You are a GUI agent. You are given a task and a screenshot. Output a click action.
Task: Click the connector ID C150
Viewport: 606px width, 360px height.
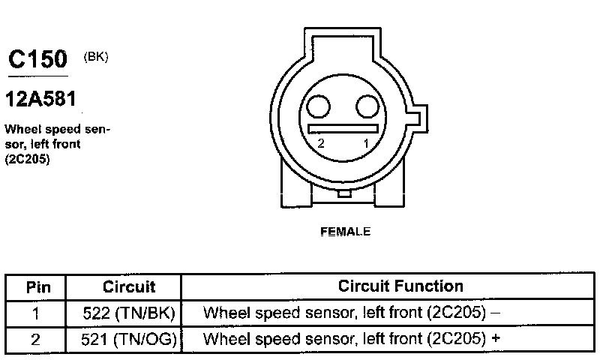click(x=37, y=60)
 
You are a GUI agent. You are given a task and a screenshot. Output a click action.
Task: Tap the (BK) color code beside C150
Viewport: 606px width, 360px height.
click(x=97, y=56)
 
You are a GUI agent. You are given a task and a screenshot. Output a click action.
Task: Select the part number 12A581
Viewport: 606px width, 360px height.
click(x=41, y=98)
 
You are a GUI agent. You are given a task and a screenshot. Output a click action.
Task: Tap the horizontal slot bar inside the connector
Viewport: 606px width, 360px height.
click(x=343, y=128)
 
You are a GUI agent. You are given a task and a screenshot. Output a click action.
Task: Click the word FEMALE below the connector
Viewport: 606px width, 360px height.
click(x=345, y=232)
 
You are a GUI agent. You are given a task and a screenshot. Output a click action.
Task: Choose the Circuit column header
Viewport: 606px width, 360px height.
click(x=129, y=286)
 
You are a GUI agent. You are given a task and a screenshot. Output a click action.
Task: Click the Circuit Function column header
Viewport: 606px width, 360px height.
click(x=400, y=286)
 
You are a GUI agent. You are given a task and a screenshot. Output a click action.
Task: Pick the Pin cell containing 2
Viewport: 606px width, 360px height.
click(x=36, y=339)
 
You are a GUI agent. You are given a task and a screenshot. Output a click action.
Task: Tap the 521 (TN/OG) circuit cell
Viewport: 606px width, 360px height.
click(x=128, y=339)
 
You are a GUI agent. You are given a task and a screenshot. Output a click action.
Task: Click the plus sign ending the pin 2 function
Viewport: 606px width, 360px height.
click(x=496, y=339)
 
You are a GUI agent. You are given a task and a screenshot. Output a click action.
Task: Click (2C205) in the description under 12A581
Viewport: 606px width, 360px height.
click(x=27, y=158)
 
